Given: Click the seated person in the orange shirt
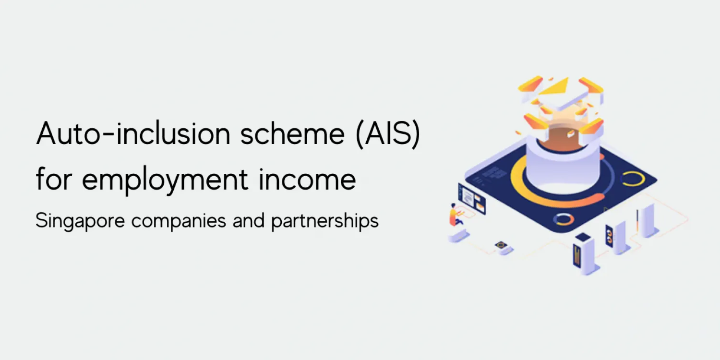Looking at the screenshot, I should pyautogui.click(x=454, y=214).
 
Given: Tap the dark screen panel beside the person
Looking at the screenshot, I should pyautogui.click(x=471, y=198).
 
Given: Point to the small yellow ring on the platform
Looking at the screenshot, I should pyautogui.click(x=632, y=179).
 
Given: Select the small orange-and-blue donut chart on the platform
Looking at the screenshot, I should pyautogui.click(x=563, y=219).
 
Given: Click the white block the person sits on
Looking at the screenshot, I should pyautogui.click(x=458, y=235).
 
